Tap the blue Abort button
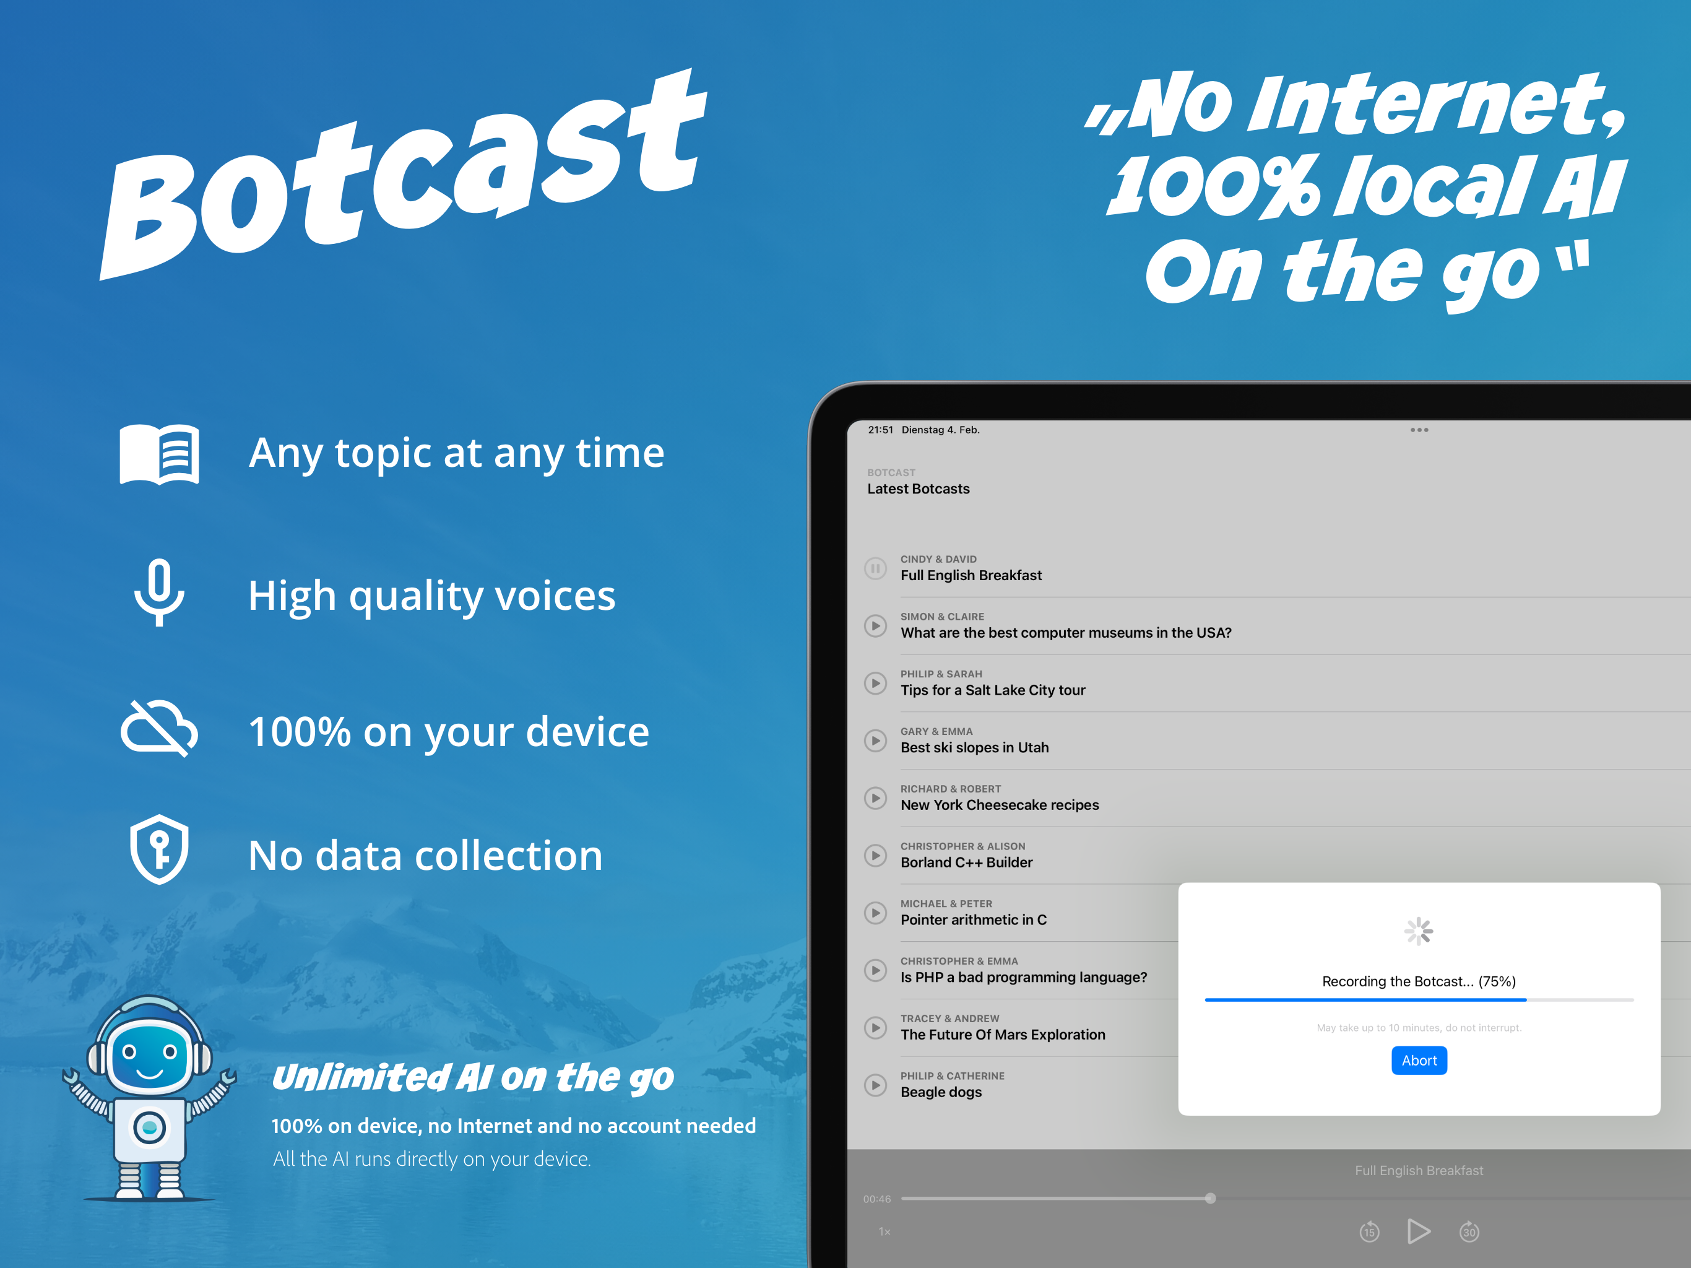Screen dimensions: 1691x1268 click(x=1419, y=1060)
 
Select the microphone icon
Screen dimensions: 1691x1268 click(x=159, y=593)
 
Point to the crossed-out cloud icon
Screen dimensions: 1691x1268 click(x=159, y=728)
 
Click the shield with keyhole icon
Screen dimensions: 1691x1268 click(x=159, y=849)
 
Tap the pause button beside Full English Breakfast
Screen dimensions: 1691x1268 click(x=875, y=568)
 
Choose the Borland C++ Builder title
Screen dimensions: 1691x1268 click(x=966, y=862)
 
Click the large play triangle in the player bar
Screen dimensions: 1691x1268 click(x=1418, y=1231)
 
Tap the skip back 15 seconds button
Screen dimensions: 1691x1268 click(x=1369, y=1231)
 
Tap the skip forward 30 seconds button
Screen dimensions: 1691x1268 click(x=1469, y=1231)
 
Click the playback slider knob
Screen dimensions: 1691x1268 click(x=1210, y=1199)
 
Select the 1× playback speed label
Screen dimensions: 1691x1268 click(x=884, y=1231)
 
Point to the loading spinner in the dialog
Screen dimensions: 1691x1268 click(x=1419, y=931)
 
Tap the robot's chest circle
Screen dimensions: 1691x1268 click(x=150, y=1127)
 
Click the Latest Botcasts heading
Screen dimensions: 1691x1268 click(x=918, y=489)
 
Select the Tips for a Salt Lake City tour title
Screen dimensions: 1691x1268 click(x=992, y=690)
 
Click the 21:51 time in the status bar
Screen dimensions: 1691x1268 click(x=880, y=430)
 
